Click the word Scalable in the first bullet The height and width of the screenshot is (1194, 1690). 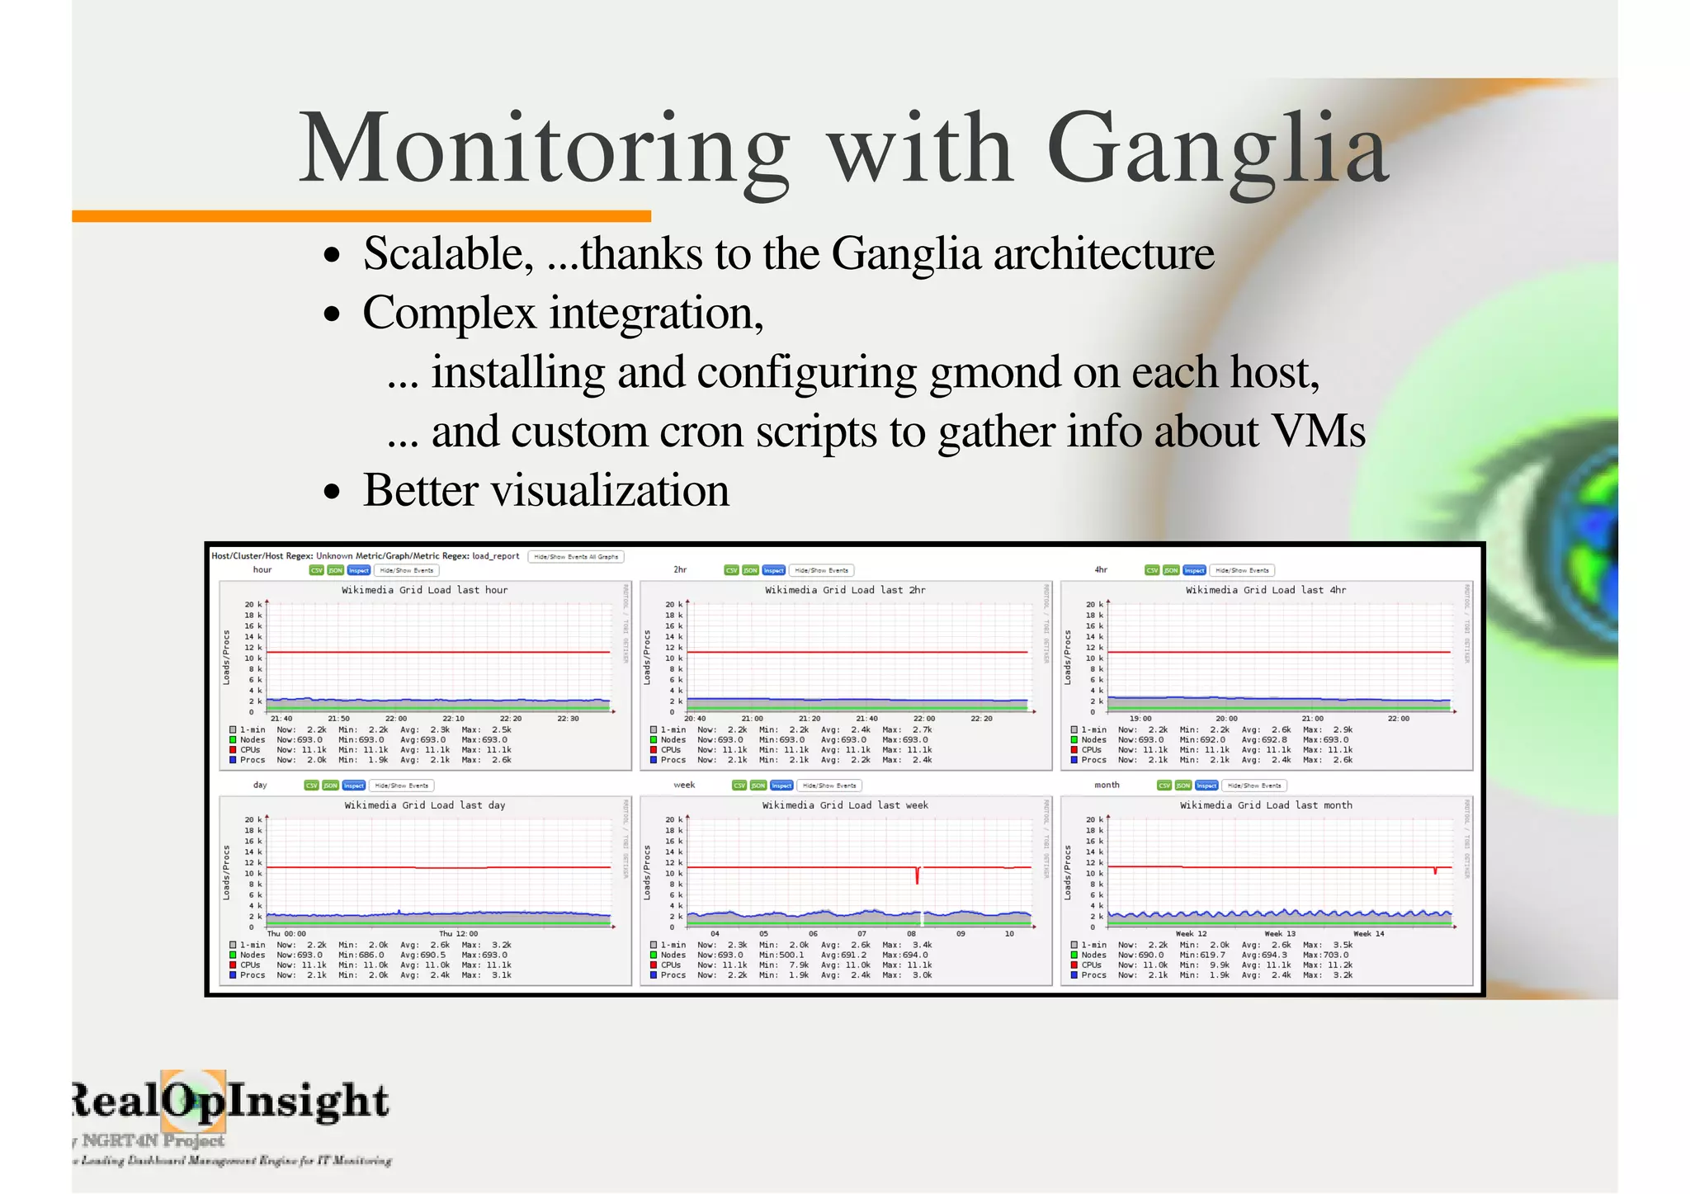pos(447,253)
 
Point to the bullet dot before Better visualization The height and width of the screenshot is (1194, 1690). pos(332,493)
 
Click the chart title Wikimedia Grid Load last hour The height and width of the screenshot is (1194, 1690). pos(424,590)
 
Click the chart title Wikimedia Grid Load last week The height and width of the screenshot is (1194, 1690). pos(845,805)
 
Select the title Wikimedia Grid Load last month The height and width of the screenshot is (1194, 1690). pos(1266,805)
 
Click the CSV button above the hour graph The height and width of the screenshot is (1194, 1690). pos(316,570)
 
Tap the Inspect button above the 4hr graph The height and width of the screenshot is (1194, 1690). pos(1194,570)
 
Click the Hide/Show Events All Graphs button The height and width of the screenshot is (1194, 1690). pos(576,557)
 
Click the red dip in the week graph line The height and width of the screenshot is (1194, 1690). pos(917,876)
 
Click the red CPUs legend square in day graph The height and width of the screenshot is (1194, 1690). pos(234,965)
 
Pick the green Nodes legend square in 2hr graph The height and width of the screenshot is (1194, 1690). pos(654,740)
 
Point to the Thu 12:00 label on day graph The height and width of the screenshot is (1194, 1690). pos(458,934)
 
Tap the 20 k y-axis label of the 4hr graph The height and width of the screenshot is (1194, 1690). pos(1094,605)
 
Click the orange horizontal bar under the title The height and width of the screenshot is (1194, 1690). pos(361,216)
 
